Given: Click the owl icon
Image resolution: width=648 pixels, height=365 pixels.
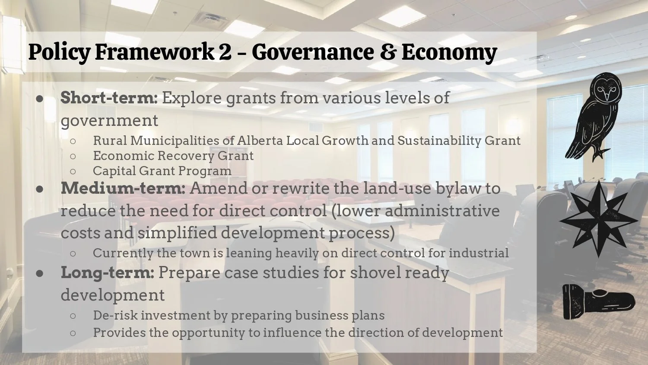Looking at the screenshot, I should pos(594,116).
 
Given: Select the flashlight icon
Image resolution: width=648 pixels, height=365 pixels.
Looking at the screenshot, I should pos(598,301).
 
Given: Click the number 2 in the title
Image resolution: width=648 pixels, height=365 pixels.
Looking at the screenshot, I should pos(225,52).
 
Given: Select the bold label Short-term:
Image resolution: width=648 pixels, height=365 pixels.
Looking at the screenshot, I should pos(109,98).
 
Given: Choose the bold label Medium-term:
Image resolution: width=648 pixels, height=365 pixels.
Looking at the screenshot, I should pos(123,188).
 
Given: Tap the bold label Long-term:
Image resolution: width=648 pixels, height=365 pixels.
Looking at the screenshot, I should pos(107,273).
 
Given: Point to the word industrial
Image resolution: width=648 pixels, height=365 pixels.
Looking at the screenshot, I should pos(479,253).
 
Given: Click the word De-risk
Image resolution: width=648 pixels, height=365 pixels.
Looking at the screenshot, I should pos(115,315).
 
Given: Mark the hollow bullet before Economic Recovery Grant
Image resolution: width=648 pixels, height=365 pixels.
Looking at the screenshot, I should pos(73,156).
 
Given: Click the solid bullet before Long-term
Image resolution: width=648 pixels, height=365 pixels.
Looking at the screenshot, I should pos(40,273).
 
